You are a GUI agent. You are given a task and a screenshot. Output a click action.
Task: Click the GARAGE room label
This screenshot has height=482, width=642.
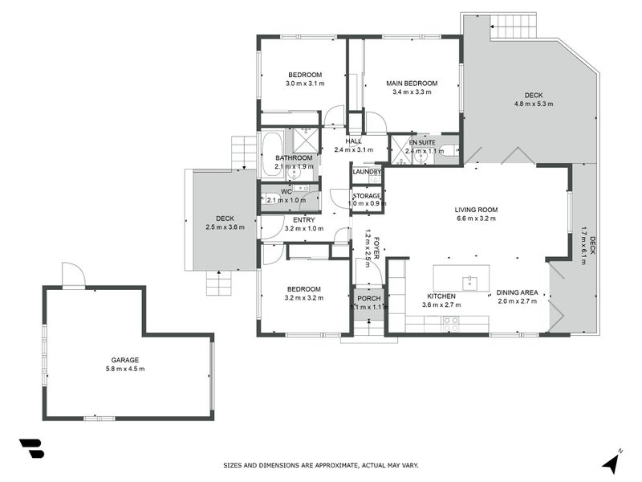click(x=125, y=360)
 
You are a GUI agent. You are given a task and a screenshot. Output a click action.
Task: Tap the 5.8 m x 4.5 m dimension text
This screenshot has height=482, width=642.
click(x=125, y=369)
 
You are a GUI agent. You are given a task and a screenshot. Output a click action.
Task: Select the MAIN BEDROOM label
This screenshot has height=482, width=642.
click(x=412, y=84)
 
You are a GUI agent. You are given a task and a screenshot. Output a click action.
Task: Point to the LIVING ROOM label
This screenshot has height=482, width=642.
click(x=477, y=210)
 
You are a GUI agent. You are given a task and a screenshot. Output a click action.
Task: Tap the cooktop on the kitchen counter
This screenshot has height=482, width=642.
click(x=450, y=324)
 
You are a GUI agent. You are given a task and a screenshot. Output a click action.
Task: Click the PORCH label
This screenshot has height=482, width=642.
click(x=369, y=299)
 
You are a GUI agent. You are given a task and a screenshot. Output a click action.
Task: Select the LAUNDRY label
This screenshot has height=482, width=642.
click(x=366, y=172)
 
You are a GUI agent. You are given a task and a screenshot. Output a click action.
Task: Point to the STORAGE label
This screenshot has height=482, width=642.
click(x=367, y=196)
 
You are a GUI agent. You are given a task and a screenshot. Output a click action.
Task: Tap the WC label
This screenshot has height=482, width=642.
click(x=286, y=191)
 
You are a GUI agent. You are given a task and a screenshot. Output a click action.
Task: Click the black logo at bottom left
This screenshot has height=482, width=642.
click(x=31, y=447)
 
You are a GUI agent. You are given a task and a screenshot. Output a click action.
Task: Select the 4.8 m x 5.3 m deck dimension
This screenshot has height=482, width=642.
click(x=534, y=104)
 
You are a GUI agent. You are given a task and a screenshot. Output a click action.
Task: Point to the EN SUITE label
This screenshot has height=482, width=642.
click(x=424, y=142)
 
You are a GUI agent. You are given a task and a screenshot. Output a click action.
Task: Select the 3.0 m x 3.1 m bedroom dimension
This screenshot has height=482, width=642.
click(x=304, y=84)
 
